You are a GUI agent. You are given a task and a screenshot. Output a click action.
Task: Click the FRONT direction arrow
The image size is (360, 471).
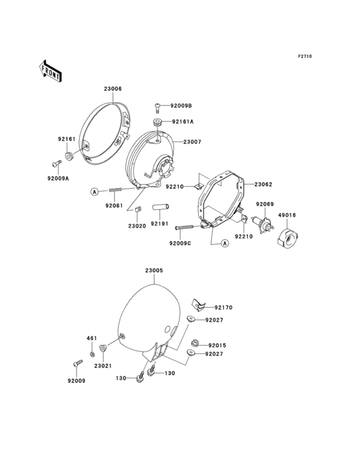pyautogui.click(x=50, y=71)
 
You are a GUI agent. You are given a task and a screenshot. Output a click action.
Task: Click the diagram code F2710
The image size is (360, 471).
pyautogui.click(x=305, y=56)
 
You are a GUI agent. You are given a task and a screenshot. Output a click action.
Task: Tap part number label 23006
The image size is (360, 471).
pyautogui.click(x=113, y=89)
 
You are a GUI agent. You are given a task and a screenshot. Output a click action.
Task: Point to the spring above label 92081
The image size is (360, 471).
pyautogui.click(x=114, y=190)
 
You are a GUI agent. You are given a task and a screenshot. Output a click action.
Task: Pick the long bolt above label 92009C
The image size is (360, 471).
pyautogui.click(x=188, y=227)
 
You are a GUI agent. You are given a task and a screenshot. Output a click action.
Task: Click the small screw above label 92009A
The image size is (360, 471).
pyautogui.click(x=57, y=163)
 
